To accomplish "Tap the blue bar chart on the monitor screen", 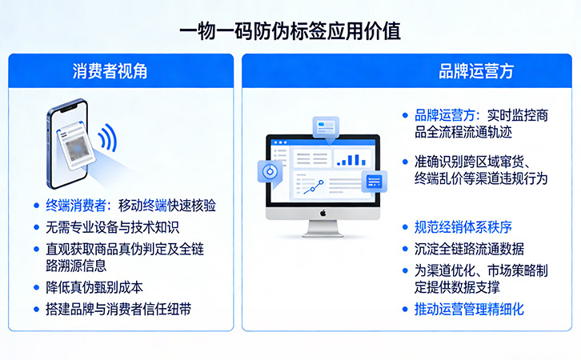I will pyautogui.click(x=350, y=158).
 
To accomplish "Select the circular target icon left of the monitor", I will pyautogui.click(x=268, y=172).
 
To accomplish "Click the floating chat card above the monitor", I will pyautogui.click(x=326, y=126).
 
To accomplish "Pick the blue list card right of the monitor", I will pyautogui.click(x=375, y=182).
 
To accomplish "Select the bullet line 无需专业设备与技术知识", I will pyautogui.click(x=112, y=227).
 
